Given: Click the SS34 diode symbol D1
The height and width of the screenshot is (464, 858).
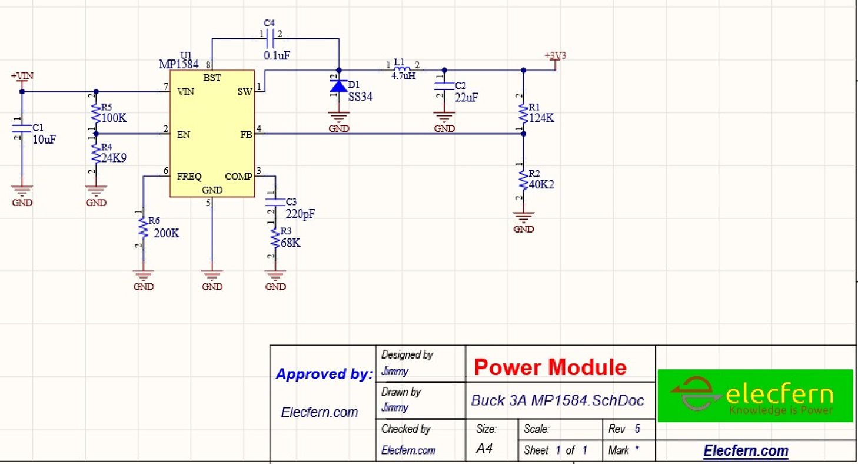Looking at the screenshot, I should tap(338, 87).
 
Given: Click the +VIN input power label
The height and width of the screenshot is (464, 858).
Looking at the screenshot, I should tap(22, 77).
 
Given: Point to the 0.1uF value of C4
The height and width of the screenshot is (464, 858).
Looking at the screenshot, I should tap(277, 55).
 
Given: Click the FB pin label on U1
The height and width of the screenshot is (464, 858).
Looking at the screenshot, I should tap(245, 134).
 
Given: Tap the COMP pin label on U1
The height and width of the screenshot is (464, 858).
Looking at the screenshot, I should tap(238, 176).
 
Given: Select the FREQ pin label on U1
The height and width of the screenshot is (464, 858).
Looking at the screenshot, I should tap(189, 176).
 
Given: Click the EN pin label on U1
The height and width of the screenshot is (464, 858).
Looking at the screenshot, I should tap(183, 134).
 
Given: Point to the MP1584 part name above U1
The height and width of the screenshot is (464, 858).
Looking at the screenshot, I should tap(178, 64).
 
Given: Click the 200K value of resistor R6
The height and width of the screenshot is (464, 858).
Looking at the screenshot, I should tap(167, 233).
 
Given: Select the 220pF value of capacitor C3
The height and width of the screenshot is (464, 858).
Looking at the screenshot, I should tap(300, 214).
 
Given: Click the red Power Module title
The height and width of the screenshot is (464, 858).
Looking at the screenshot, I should tap(550, 367).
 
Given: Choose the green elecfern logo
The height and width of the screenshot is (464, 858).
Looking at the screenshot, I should tap(754, 396).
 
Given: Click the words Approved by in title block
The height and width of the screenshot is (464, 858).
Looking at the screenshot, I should tap(324, 374).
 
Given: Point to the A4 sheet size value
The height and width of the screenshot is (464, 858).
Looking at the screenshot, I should tap(484, 449).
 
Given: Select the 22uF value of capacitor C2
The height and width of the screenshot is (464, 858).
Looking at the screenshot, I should tap(465, 97).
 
